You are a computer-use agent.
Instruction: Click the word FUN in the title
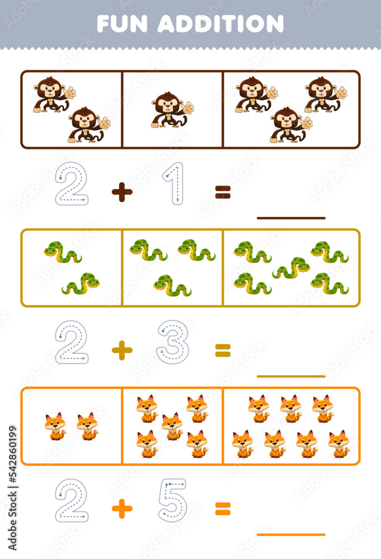[122, 23]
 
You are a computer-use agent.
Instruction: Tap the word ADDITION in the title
[221, 23]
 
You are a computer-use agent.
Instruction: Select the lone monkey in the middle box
[172, 110]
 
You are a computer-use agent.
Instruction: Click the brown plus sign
[122, 192]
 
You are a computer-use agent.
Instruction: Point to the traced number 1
[174, 183]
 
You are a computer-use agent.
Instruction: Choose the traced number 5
[173, 500]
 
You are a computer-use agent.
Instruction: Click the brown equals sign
[223, 192]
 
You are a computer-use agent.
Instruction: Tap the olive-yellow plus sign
[122, 350]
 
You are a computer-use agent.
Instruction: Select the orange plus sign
[122, 509]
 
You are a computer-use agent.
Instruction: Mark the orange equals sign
[223, 509]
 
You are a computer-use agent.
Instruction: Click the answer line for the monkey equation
[290, 217]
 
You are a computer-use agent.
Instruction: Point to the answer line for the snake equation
[290, 376]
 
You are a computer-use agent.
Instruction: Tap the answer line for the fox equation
[290, 534]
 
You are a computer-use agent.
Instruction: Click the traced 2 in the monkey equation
[72, 183]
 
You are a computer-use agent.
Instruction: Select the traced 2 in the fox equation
[72, 500]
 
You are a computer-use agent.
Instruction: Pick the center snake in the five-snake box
[290, 268]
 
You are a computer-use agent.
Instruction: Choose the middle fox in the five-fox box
[172, 426]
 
